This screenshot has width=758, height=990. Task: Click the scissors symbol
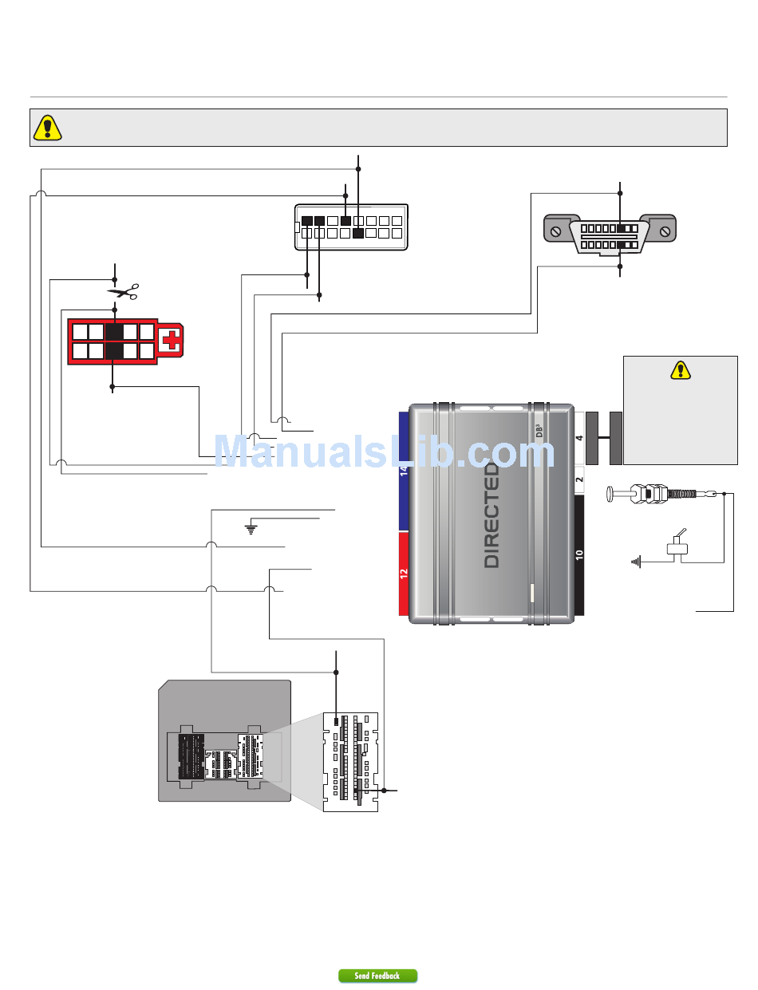pyautogui.click(x=123, y=292)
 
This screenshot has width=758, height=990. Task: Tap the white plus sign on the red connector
pyautogui.click(x=169, y=343)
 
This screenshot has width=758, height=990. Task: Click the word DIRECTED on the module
pyautogui.click(x=492, y=515)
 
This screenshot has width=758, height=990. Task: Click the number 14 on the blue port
pyautogui.click(x=404, y=474)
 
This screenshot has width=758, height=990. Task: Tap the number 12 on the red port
pyautogui.click(x=404, y=572)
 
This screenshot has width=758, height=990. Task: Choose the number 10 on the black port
pyautogui.click(x=579, y=554)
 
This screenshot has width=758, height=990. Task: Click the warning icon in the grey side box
pyautogui.click(x=680, y=370)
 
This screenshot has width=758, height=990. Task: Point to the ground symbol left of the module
pyautogui.click(x=251, y=528)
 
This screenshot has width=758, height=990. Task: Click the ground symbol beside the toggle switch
pyautogui.click(x=635, y=562)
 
